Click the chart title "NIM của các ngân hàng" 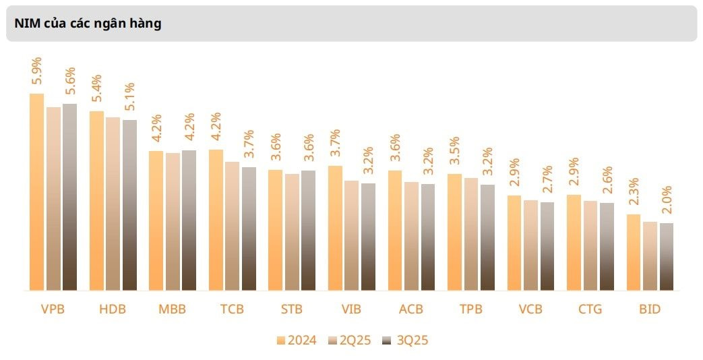(88, 24)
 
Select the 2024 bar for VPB (37, 192)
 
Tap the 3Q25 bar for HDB (129, 206)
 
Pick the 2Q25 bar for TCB (233, 226)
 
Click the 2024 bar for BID (634, 252)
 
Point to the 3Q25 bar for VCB (547, 246)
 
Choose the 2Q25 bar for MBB (173, 222)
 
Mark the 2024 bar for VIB (336, 228)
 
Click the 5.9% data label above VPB (36, 70)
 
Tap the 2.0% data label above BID (667, 200)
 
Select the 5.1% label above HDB (129, 96)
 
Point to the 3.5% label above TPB (454, 150)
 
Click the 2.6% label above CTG (607, 179)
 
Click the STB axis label (292, 309)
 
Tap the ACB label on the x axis (410, 309)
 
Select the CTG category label (590, 309)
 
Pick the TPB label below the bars (470, 309)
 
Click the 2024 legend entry (297, 340)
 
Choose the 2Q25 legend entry (350, 340)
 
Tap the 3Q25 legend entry (405, 340)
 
